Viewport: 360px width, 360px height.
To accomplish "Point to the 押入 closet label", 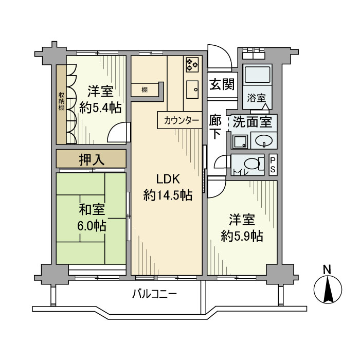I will [x=92, y=159].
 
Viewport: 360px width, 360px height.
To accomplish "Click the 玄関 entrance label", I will [x=222, y=84].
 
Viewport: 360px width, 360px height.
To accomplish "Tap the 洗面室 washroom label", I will [x=251, y=123].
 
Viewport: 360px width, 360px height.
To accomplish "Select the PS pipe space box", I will [x=273, y=165].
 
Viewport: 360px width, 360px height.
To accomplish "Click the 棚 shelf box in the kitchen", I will [x=145, y=90].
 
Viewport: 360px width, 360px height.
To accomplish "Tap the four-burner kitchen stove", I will [x=192, y=64].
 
